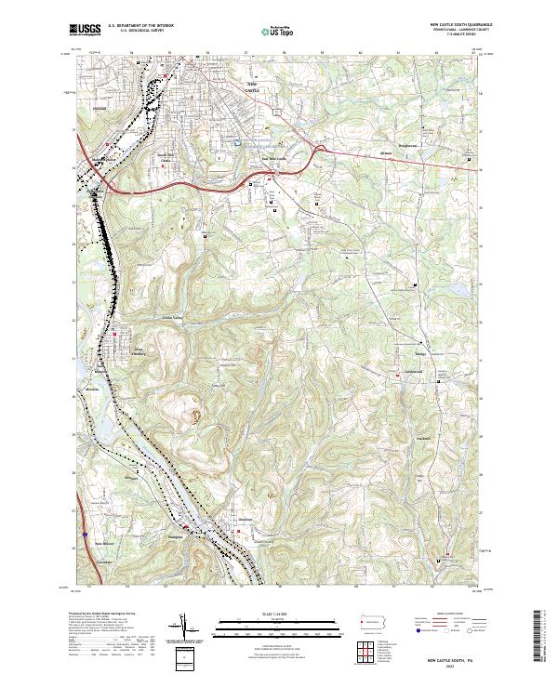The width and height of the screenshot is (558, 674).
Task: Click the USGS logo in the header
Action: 86,31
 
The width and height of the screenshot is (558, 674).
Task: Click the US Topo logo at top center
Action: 270,31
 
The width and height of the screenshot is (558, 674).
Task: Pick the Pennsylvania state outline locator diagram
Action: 379,623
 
